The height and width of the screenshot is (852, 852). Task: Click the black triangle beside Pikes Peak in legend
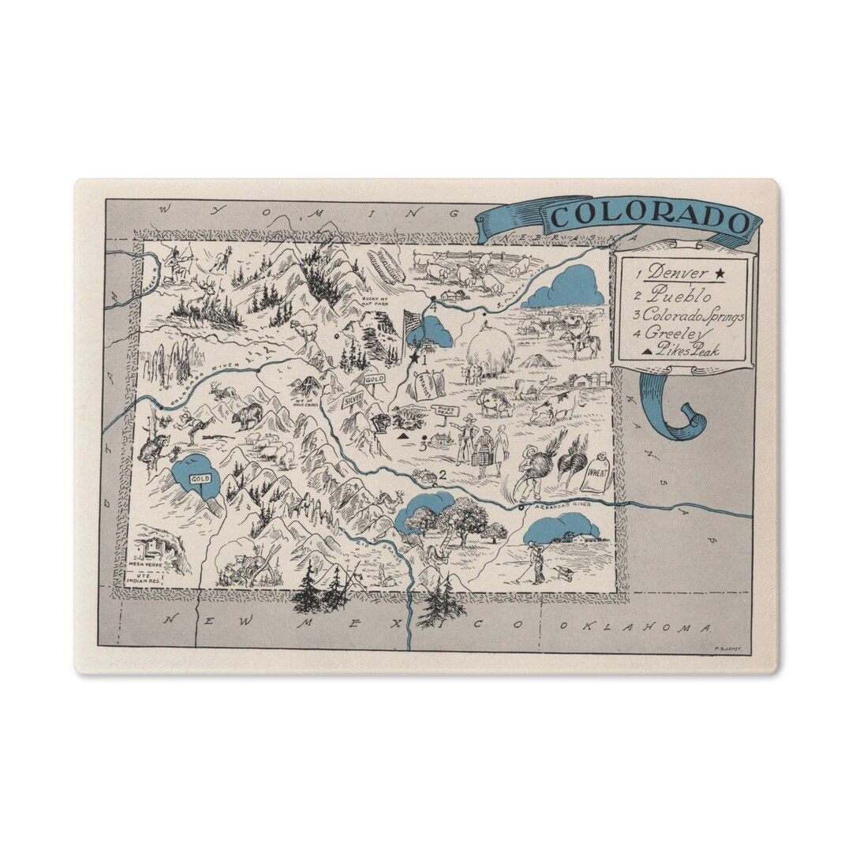(648, 351)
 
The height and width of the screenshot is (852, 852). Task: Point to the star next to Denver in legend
(719, 274)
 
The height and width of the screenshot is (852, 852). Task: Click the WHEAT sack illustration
(597, 475)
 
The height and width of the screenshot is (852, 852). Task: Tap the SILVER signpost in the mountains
(353, 399)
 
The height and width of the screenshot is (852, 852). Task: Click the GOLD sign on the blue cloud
(200, 479)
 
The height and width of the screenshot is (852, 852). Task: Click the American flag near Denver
(412, 323)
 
